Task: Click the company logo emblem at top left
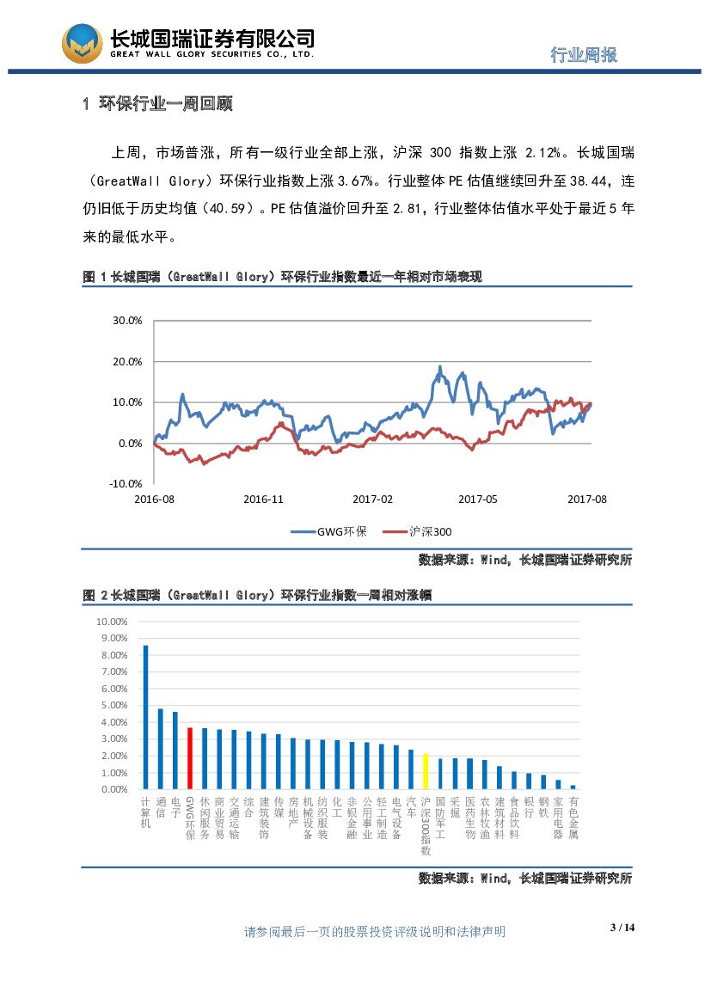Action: pos(82,43)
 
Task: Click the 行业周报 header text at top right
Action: pos(584,55)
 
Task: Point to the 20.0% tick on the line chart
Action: pos(127,361)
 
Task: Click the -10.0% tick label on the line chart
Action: pos(126,484)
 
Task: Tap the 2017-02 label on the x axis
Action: pos(372,499)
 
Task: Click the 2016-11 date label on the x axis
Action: pos(263,499)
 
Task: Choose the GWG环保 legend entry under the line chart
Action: pos(330,531)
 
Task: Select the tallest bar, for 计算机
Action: pos(145,717)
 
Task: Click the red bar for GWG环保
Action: pos(189,758)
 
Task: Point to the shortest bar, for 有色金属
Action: pos(573,787)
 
